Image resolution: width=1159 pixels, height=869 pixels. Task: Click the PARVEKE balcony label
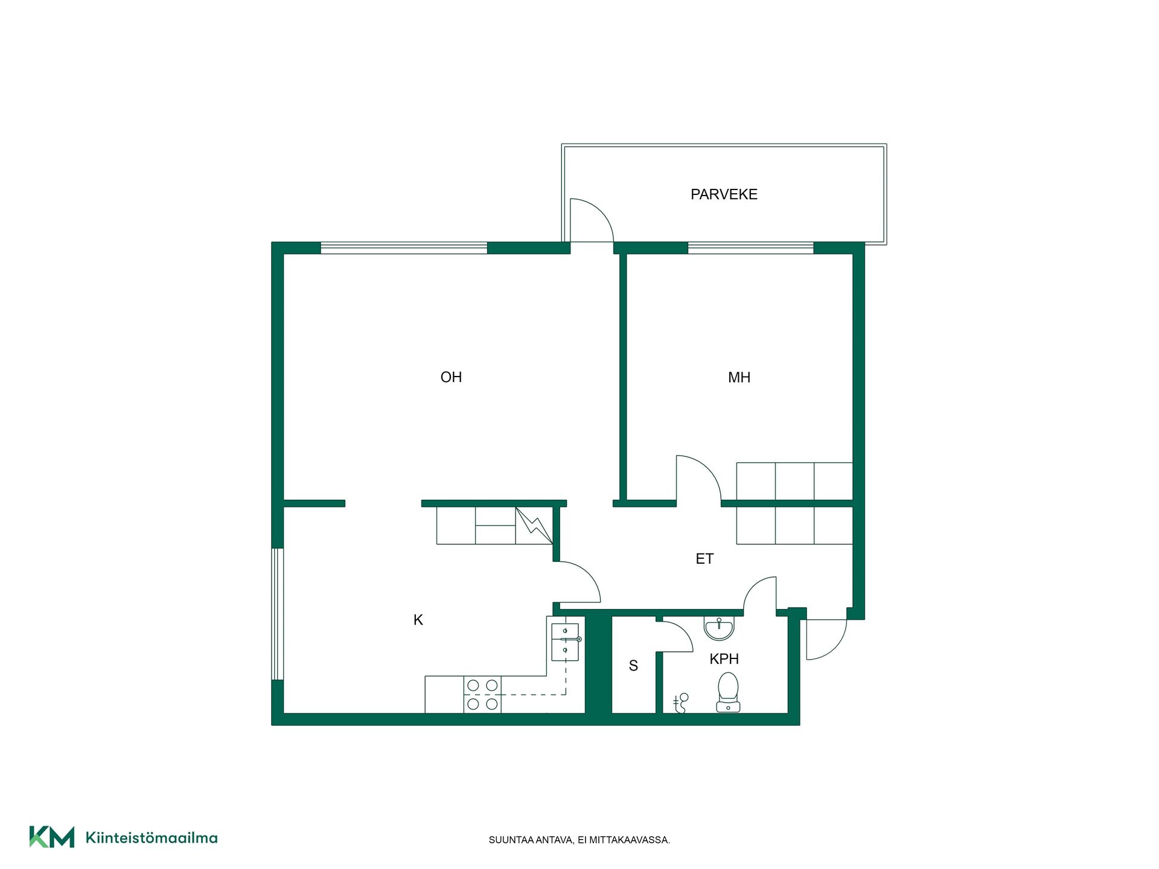pos(724,194)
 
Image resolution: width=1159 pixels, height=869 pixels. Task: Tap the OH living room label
pos(451,377)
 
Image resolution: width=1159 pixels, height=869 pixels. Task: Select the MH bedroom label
pos(739,378)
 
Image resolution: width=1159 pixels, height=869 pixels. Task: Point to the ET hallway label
pos(704,559)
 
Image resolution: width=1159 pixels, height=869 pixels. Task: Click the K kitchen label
pos(418,620)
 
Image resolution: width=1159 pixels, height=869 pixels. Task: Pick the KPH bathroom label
pos(724,659)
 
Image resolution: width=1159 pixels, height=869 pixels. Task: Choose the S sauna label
pos(633,666)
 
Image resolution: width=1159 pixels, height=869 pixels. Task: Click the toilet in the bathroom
pos(728,692)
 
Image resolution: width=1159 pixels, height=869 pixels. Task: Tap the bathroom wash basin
pos(719,628)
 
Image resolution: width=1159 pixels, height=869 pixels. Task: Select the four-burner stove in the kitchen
pos(482,695)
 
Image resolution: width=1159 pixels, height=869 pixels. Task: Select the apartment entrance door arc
pos(836,649)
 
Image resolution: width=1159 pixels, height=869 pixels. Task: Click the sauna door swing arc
pos(683,631)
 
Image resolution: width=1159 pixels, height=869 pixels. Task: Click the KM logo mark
pos(52,837)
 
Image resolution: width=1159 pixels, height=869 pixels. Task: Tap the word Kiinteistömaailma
pos(152,838)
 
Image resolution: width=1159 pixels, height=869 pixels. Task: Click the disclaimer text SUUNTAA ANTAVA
pos(531,840)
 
